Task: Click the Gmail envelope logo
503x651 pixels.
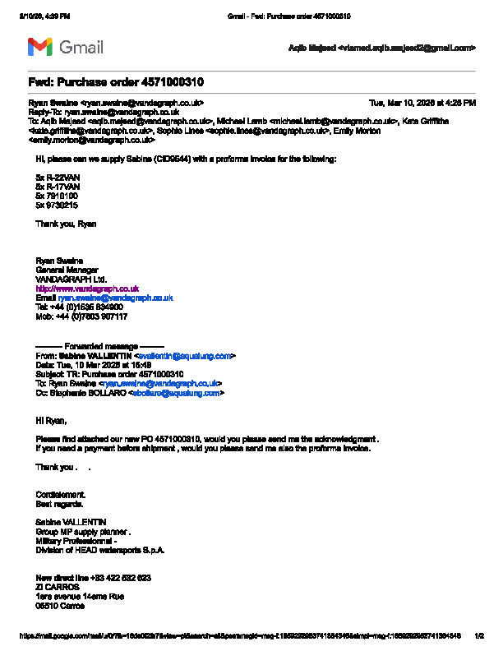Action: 40,47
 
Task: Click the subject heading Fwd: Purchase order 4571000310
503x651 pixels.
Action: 116,83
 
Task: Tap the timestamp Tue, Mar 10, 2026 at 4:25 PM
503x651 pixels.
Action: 422,103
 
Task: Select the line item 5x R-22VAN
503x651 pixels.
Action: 58,178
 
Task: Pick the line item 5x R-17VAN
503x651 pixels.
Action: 58,187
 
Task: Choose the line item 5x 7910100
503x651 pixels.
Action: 57,196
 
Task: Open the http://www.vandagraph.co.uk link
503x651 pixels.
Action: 87,289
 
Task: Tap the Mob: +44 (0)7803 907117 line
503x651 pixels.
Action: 81,316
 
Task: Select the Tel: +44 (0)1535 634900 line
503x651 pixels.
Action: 80,307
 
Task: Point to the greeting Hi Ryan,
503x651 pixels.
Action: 51,420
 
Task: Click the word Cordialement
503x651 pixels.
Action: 61,495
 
